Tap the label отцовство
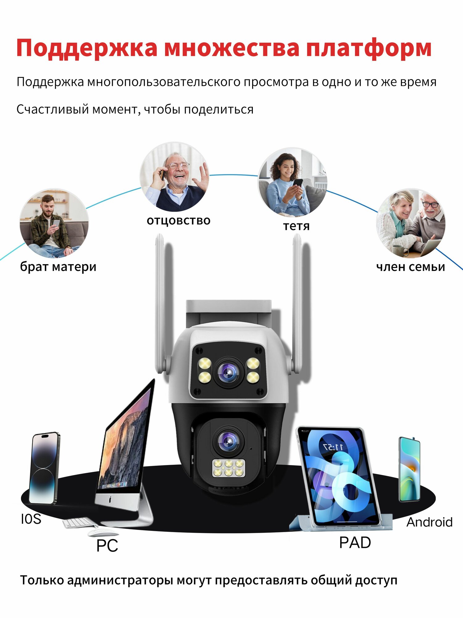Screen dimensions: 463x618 178,221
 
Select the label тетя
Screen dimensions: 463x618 296,226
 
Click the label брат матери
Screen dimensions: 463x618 58,267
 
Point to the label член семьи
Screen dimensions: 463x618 411,267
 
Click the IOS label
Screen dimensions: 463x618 31,519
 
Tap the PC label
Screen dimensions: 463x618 107,545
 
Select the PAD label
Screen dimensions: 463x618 355,542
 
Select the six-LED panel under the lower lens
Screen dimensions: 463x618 228,468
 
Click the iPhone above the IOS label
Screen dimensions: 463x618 44,468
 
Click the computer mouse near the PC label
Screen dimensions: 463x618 102,532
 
